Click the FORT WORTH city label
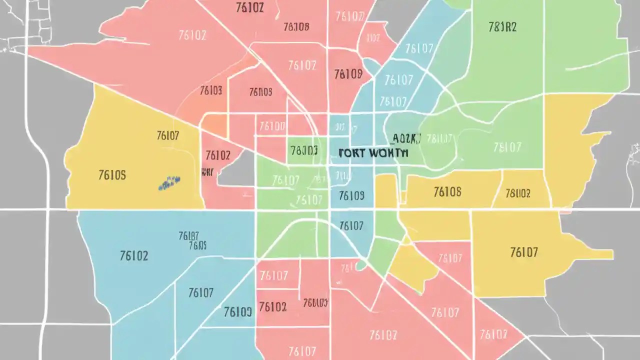pyautogui.click(x=373, y=152)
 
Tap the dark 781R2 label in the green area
pyautogui.click(x=502, y=27)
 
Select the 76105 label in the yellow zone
pyautogui.click(x=112, y=175)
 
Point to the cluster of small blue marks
pyautogui.click(x=169, y=183)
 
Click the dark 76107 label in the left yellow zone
pyautogui.click(x=168, y=135)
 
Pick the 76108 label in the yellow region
pyautogui.click(x=447, y=191)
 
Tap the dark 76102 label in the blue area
pyautogui.click(x=134, y=256)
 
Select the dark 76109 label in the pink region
pyautogui.click(x=348, y=74)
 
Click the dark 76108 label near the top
pyautogui.click(x=296, y=27)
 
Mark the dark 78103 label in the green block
pyautogui.click(x=303, y=150)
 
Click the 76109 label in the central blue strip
pyautogui.click(x=351, y=195)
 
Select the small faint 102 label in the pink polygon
pyautogui.click(x=373, y=38)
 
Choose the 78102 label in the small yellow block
pyautogui.click(x=518, y=193)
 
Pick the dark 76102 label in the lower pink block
pyautogui.click(x=273, y=306)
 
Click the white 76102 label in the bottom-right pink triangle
pyautogui.click(x=493, y=334)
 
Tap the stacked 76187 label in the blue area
pyautogui.click(x=188, y=235)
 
